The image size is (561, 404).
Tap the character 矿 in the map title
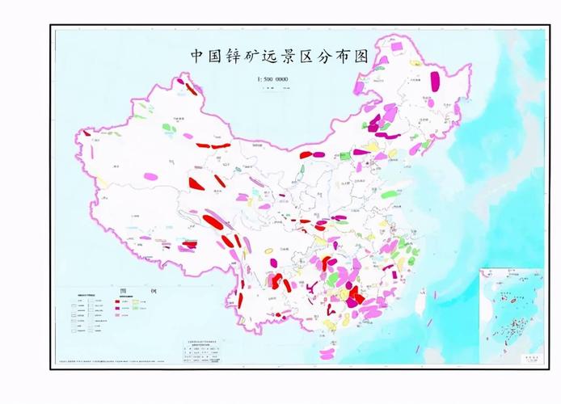pyautogui.click(x=259, y=57)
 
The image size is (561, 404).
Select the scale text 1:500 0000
pyautogui.click(x=272, y=79)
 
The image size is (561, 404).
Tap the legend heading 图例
pyautogui.click(x=129, y=288)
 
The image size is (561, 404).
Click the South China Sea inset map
pyautogui.click(x=511, y=316)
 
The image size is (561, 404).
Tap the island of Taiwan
pyautogui.click(x=421, y=300)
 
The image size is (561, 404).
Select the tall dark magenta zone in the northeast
pyautogui.click(x=435, y=81)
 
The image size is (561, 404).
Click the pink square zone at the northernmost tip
pyautogui.click(x=397, y=46)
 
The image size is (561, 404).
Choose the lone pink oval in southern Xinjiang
pyautogui.click(x=151, y=176)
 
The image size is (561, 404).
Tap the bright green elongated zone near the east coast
pyautogui.click(x=389, y=194)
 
